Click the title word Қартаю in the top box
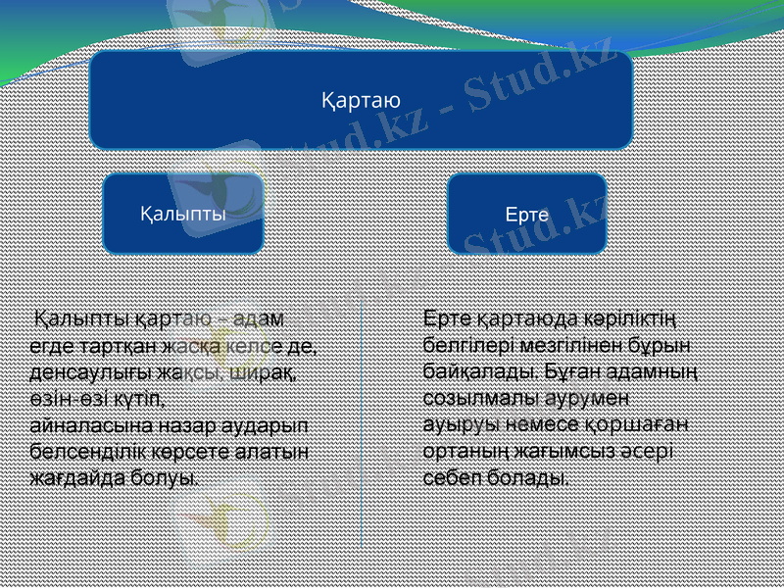(x=361, y=100)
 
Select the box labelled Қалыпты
(x=183, y=213)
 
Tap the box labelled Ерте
(x=526, y=213)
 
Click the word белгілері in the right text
(x=461, y=346)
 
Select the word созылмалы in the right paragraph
(x=471, y=399)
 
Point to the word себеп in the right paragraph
(x=448, y=478)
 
